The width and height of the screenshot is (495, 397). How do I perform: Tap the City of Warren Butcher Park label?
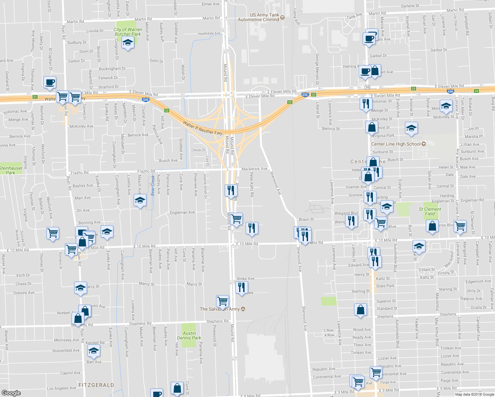[x=128, y=32]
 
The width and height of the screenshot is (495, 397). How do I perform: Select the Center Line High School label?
[x=396, y=144]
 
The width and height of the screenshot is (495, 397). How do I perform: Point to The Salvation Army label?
[x=220, y=309]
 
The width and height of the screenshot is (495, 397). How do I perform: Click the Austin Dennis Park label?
[x=189, y=335]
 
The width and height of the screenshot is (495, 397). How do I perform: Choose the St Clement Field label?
[x=430, y=211]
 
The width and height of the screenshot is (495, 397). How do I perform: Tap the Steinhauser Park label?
[x=11, y=170]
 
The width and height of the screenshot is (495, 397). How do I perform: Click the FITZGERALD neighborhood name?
[x=96, y=385]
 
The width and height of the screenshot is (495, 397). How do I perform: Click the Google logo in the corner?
[x=11, y=393]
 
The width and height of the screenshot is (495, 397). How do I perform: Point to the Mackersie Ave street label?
[x=254, y=169]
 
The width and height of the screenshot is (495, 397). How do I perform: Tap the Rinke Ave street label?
[x=246, y=279]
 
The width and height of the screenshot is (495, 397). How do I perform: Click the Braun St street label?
[x=306, y=219]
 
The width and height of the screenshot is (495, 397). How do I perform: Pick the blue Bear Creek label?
[x=153, y=186]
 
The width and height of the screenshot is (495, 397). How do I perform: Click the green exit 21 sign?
[x=35, y=97]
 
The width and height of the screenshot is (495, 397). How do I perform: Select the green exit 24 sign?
[x=476, y=91]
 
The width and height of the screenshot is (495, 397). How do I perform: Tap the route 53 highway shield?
[x=368, y=87]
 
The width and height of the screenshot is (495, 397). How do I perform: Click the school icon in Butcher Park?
[x=128, y=43]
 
